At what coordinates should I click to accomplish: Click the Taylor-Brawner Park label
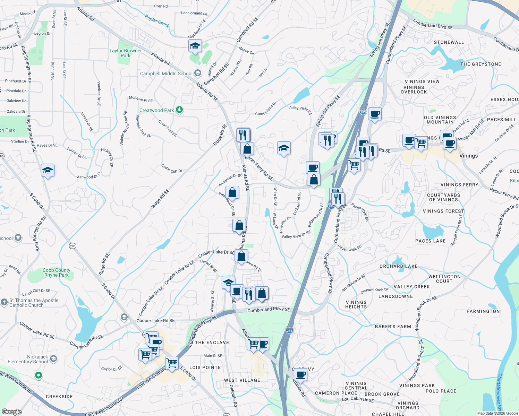point(126,53)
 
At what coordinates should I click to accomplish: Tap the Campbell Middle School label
point(166,73)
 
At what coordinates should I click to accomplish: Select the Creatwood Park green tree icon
point(179,110)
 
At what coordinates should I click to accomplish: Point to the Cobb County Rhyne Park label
point(57,272)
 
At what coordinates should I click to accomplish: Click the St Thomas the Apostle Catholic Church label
point(34,303)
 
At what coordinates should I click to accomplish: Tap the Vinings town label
point(468,156)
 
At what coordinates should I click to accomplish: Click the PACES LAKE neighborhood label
point(430,241)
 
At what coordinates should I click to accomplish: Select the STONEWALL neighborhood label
point(449,42)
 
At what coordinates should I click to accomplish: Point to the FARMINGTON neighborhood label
point(483,311)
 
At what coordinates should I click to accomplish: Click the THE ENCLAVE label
point(212,343)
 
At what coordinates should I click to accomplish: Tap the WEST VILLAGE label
point(242,380)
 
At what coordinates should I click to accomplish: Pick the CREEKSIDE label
point(59,397)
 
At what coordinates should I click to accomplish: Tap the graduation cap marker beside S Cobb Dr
point(48,170)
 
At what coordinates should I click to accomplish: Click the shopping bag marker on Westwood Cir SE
point(232,192)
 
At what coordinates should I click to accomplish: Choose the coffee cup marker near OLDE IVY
point(301,375)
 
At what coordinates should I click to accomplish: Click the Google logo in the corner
point(11,411)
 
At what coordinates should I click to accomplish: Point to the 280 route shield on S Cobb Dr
point(72,246)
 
